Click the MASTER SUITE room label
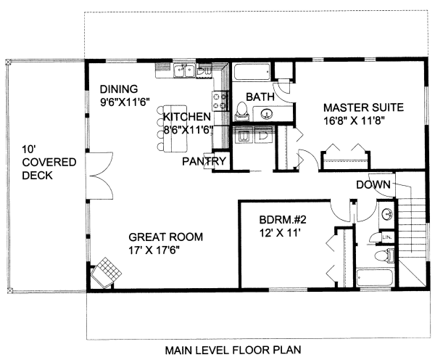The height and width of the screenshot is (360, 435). [363, 107]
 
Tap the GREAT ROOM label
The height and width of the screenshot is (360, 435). [165, 237]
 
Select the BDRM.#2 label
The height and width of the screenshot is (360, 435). [283, 220]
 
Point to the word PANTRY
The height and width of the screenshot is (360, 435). [204, 161]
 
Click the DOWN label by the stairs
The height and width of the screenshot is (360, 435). [373, 185]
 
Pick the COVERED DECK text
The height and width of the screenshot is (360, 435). [49, 169]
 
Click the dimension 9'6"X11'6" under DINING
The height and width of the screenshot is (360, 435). [125, 102]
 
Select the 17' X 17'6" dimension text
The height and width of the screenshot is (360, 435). [154, 250]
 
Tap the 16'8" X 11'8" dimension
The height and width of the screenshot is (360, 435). [353, 120]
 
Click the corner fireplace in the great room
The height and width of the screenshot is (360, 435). [107, 272]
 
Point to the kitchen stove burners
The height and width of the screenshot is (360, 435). [220, 101]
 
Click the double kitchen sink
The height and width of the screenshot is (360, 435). [183, 70]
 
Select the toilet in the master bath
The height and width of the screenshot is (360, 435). [241, 111]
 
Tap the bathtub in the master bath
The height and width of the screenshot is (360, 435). [251, 73]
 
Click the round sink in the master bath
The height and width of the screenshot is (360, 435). [267, 113]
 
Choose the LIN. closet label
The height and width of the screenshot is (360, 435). [386, 237]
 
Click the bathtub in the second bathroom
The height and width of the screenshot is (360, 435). [375, 277]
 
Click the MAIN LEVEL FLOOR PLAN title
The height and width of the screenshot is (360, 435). [233, 350]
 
